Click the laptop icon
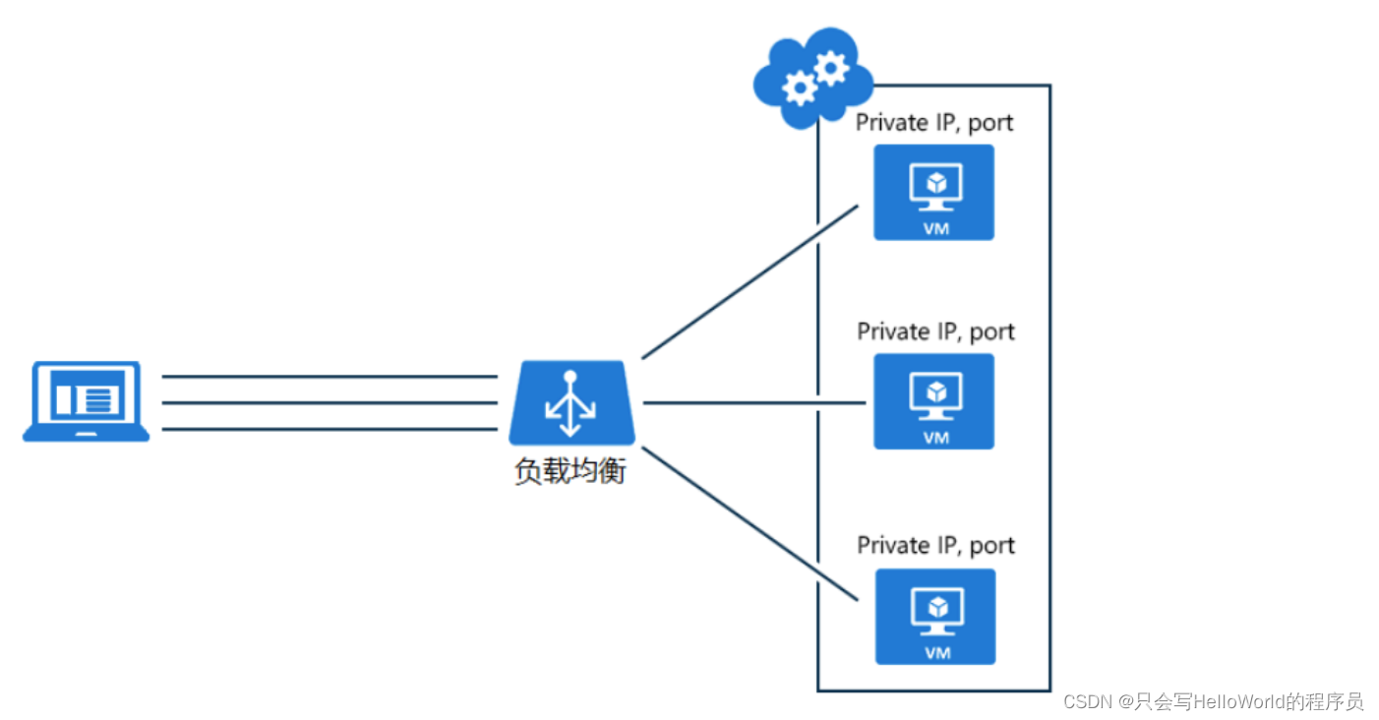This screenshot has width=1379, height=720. pos(87,401)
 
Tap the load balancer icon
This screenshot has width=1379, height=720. pos(571,402)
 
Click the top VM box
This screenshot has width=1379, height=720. pos(933,193)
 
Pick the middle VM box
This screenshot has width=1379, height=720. pos(933,401)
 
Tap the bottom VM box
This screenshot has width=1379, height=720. pos(934,617)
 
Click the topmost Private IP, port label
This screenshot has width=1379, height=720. pos(934,123)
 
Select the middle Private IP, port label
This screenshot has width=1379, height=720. pos(935,331)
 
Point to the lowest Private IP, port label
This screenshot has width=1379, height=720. pos(935,545)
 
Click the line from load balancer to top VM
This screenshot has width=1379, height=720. pos(750,282)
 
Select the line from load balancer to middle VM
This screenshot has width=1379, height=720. pos(753,402)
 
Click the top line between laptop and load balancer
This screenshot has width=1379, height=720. pos(330,376)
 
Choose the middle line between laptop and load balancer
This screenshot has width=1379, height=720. pos(330,402)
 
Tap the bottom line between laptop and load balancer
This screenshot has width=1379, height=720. pos(330,429)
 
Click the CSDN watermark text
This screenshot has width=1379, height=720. pos(1213,701)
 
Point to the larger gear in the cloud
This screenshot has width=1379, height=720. pos(832,67)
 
